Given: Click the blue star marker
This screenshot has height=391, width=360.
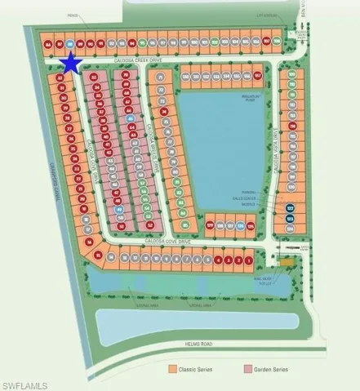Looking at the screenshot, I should [71, 63].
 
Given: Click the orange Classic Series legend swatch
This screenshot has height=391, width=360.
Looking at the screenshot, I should [173, 371].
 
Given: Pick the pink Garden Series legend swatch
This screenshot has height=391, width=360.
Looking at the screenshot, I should [247, 371].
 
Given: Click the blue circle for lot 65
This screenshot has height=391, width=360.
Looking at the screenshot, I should [130, 118].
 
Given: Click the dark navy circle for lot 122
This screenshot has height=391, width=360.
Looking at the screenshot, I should [291, 209].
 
